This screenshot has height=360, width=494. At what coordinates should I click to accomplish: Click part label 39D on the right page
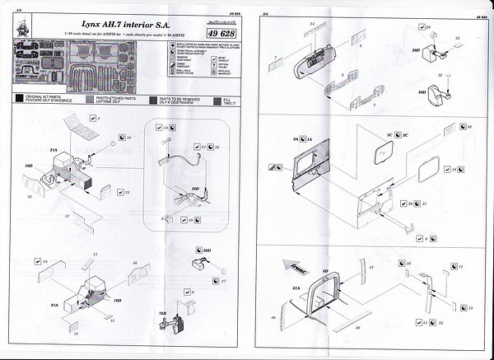click(x=417, y=51)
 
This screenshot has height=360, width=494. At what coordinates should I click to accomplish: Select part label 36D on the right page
click(x=422, y=92)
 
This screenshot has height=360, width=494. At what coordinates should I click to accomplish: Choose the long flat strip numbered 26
click(x=357, y=326)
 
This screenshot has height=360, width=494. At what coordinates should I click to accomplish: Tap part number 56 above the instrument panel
click(x=134, y=263)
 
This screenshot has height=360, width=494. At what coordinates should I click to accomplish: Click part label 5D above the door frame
click(x=326, y=270)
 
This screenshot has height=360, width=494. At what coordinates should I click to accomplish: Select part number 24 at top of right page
click(x=312, y=25)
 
